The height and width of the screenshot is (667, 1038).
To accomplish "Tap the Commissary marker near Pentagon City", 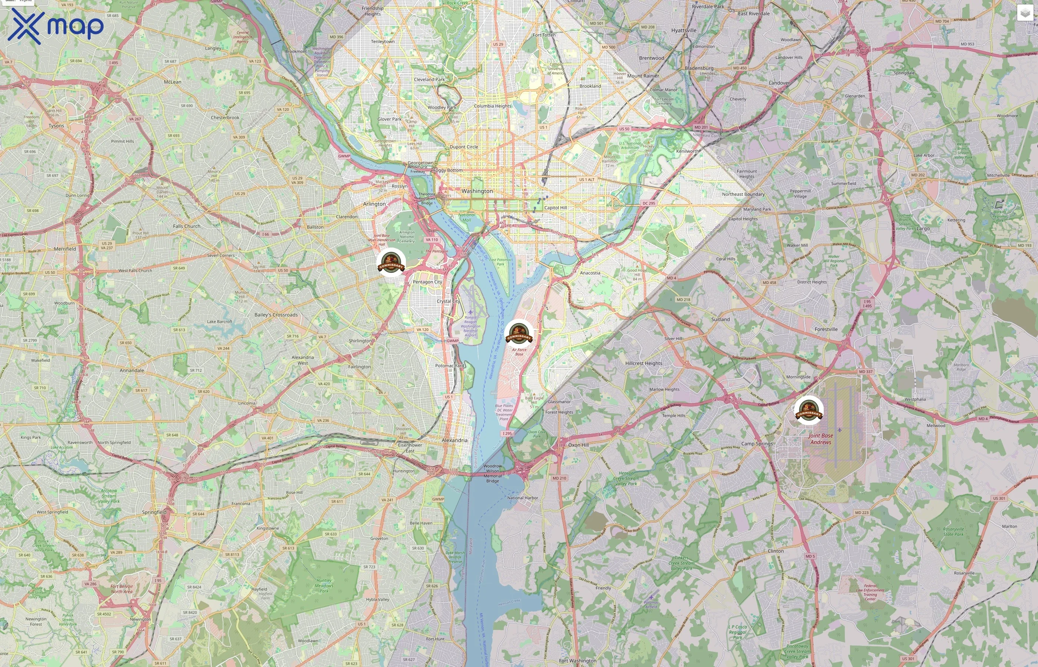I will click(x=391, y=262).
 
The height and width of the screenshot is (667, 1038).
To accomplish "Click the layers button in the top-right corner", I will click(x=1025, y=13).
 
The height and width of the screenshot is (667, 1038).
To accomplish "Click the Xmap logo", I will click(x=56, y=26).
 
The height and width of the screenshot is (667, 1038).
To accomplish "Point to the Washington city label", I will click(x=477, y=191).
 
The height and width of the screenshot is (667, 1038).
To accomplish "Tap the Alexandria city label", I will click(x=454, y=440).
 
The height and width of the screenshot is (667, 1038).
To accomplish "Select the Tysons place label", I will click(x=56, y=126).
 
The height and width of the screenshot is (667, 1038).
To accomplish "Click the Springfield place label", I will click(x=154, y=512).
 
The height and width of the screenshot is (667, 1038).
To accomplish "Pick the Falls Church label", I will click(x=187, y=226).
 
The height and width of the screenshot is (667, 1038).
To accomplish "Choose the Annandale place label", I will click(x=132, y=370).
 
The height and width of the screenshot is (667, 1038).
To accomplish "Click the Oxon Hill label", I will click(x=578, y=445).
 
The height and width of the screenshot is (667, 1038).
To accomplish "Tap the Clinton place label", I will click(x=776, y=551).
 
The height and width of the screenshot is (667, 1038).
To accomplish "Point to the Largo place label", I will click(x=923, y=228).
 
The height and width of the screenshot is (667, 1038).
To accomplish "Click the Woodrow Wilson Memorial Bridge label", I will click(x=493, y=474).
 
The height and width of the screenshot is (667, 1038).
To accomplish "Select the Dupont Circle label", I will click(x=463, y=147).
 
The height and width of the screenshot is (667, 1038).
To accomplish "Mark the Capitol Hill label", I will click(x=555, y=208).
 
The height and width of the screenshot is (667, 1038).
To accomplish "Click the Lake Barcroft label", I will click(x=219, y=321).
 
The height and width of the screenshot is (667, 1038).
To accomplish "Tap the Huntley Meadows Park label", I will click(x=324, y=585).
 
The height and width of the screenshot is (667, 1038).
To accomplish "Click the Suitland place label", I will click(x=720, y=319).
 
